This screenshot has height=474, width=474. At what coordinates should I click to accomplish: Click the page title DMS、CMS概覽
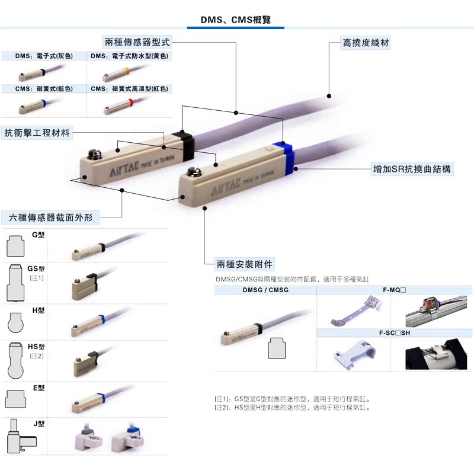tap(235, 20)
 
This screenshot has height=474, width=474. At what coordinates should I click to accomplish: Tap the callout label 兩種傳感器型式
tap(137, 43)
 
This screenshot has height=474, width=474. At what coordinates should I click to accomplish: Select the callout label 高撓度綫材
tap(366, 43)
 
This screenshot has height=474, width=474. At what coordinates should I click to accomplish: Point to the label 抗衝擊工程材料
tap(37, 133)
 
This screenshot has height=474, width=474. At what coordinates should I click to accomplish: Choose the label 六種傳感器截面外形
tap(50, 217)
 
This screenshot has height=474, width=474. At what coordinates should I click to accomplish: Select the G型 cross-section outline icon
tap(15, 244)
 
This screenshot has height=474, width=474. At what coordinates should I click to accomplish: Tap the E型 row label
tap(39, 388)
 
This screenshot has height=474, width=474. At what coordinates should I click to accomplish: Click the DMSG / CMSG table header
tap(265, 290)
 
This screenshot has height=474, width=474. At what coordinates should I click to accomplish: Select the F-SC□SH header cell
tap(395, 333)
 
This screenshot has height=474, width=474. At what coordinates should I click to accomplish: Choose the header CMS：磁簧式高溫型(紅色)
tap(130, 89)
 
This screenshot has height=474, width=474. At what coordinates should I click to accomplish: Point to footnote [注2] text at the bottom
tap(293, 408)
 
